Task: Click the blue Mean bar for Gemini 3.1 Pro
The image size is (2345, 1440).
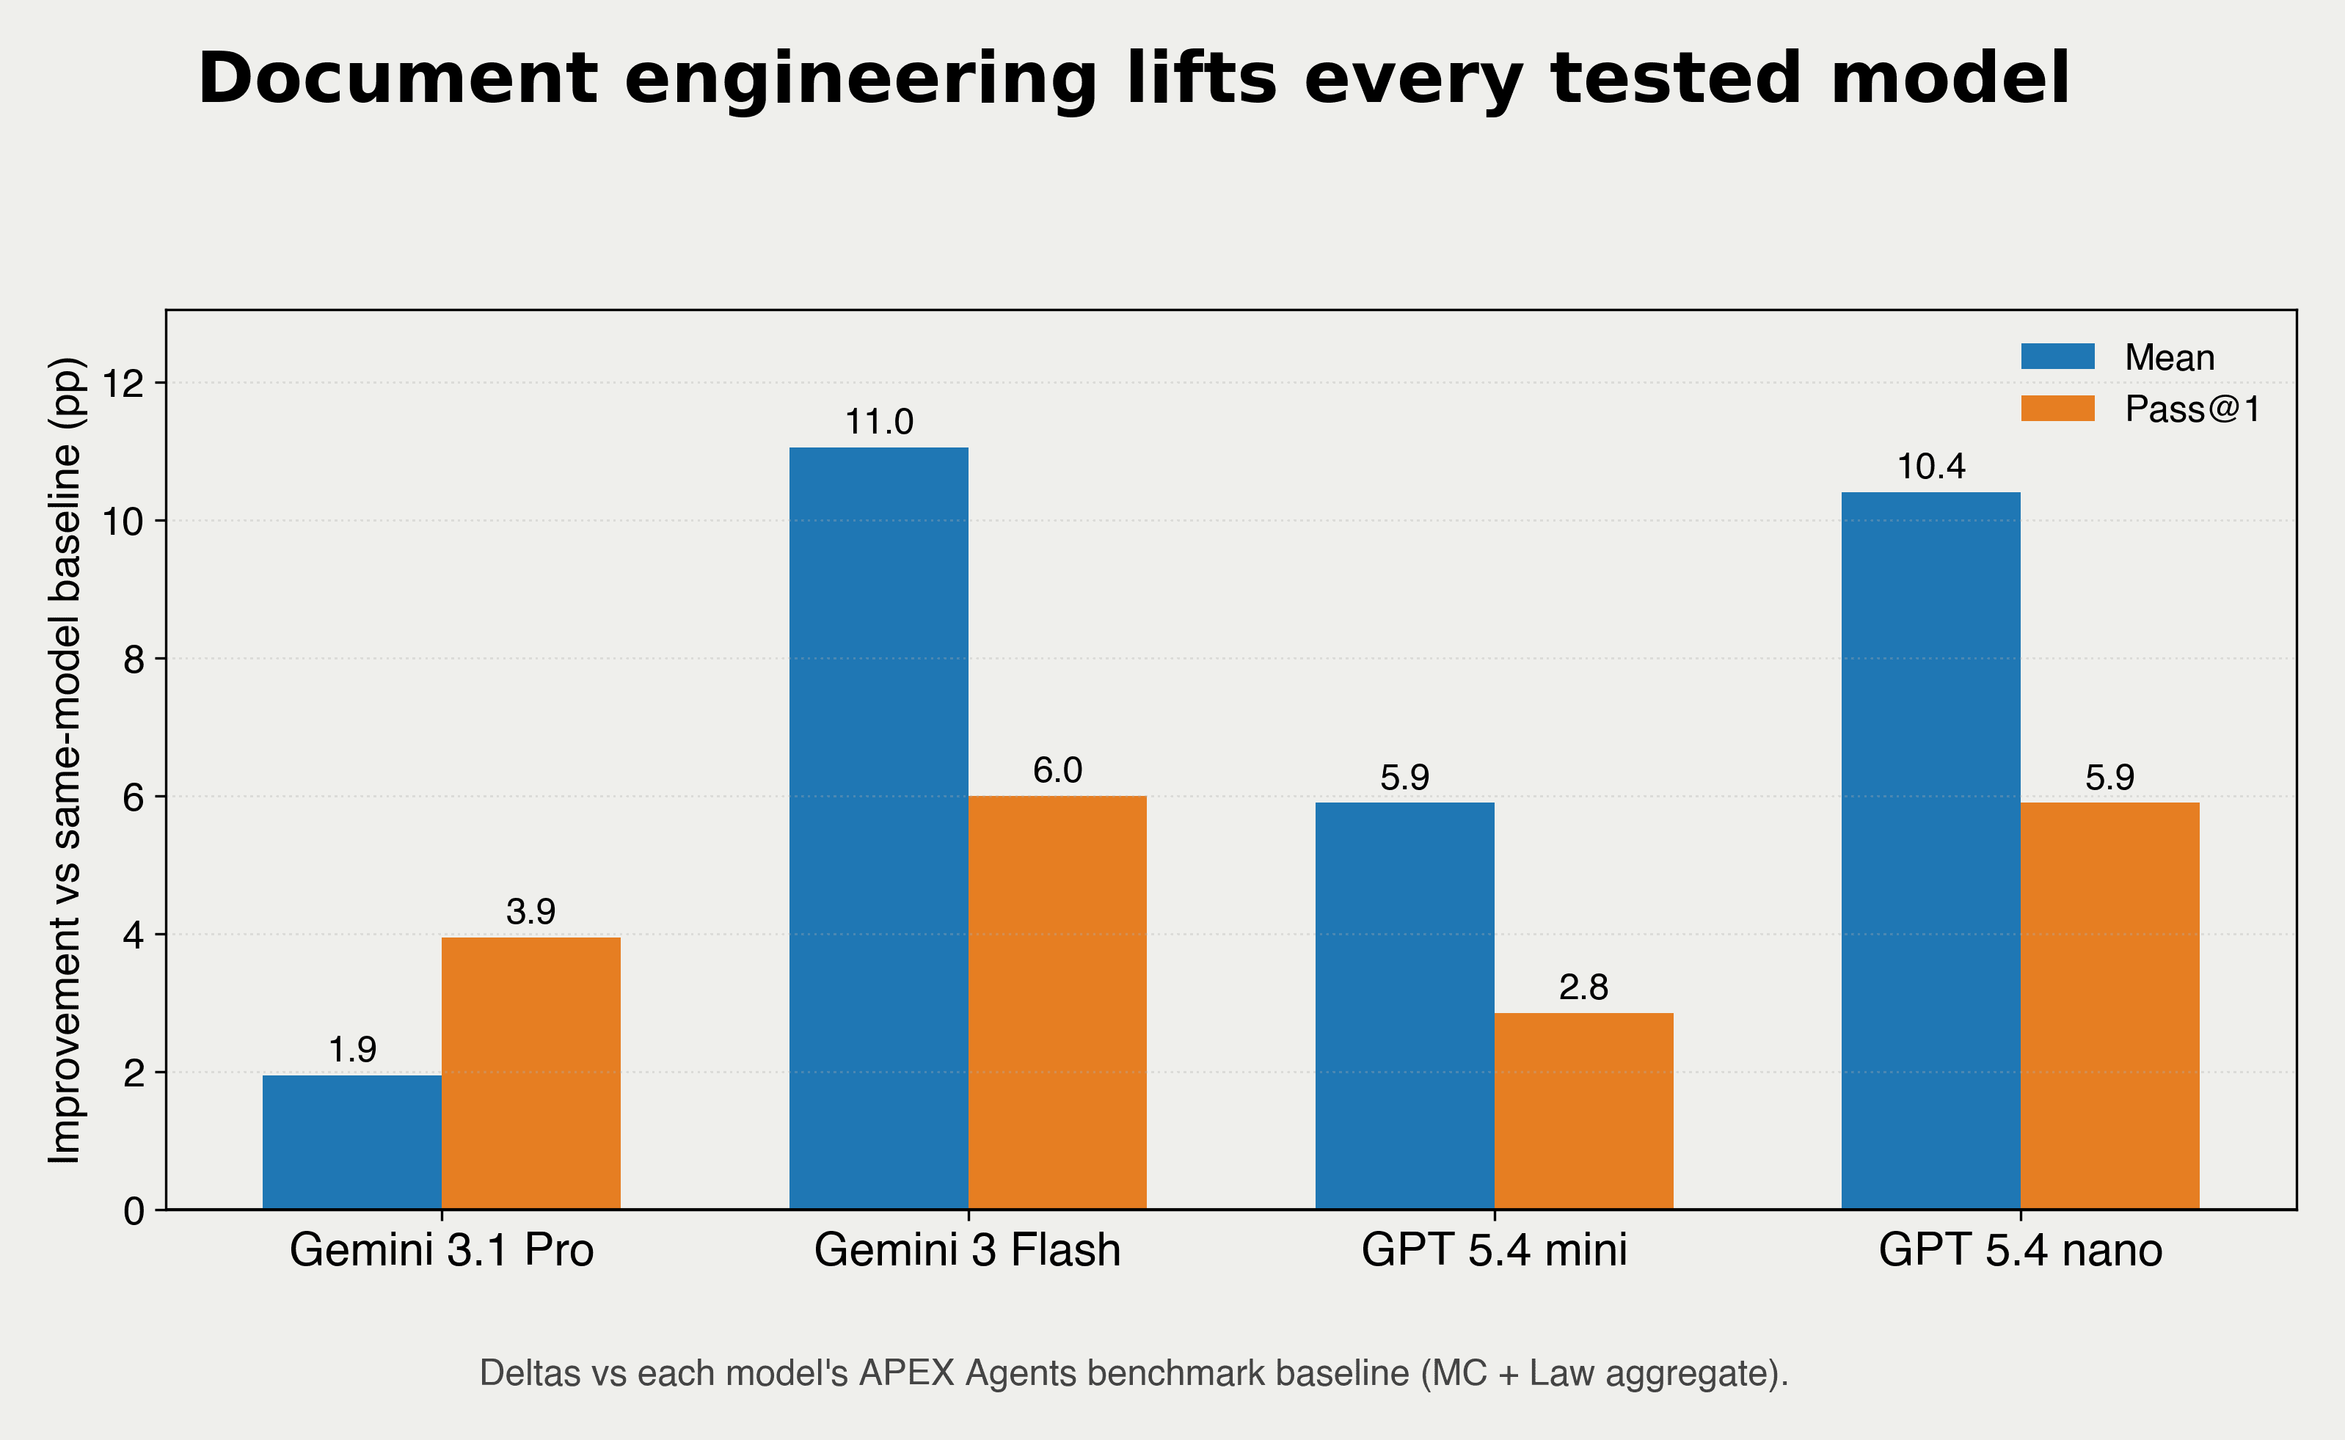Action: pyautogui.click(x=351, y=1142)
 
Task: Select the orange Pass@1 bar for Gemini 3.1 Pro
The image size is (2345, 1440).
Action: pyautogui.click(x=530, y=1073)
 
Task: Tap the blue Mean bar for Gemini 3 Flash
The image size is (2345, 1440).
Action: pyautogui.click(x=878, y=829)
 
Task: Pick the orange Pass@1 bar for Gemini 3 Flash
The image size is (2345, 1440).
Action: pyautogui.click(x=1057, y=1002)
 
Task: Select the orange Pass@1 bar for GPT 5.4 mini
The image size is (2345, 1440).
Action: pyautogui.click(x=1583, y=1111)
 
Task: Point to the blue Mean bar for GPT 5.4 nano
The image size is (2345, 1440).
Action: pyautogui.click(x=1930, y=850)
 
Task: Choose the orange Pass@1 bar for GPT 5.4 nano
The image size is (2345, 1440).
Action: pyautogui.click(x=2109, y=1006)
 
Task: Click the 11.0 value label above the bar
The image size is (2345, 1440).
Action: pyautogui.click(x=878, y=422)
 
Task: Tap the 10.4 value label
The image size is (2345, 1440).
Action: pyautogui.click(x=1930, y=467)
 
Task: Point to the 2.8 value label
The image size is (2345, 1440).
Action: pyautogui.click(x=1583, y=987)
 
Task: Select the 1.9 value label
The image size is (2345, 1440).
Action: pyautogui.click(x=351, y=1050)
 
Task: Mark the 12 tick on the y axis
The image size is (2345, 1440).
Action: pyautogui.click(x=122, y=384)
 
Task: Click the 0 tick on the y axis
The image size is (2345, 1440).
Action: pyautogui.click(x=134, y=1211)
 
